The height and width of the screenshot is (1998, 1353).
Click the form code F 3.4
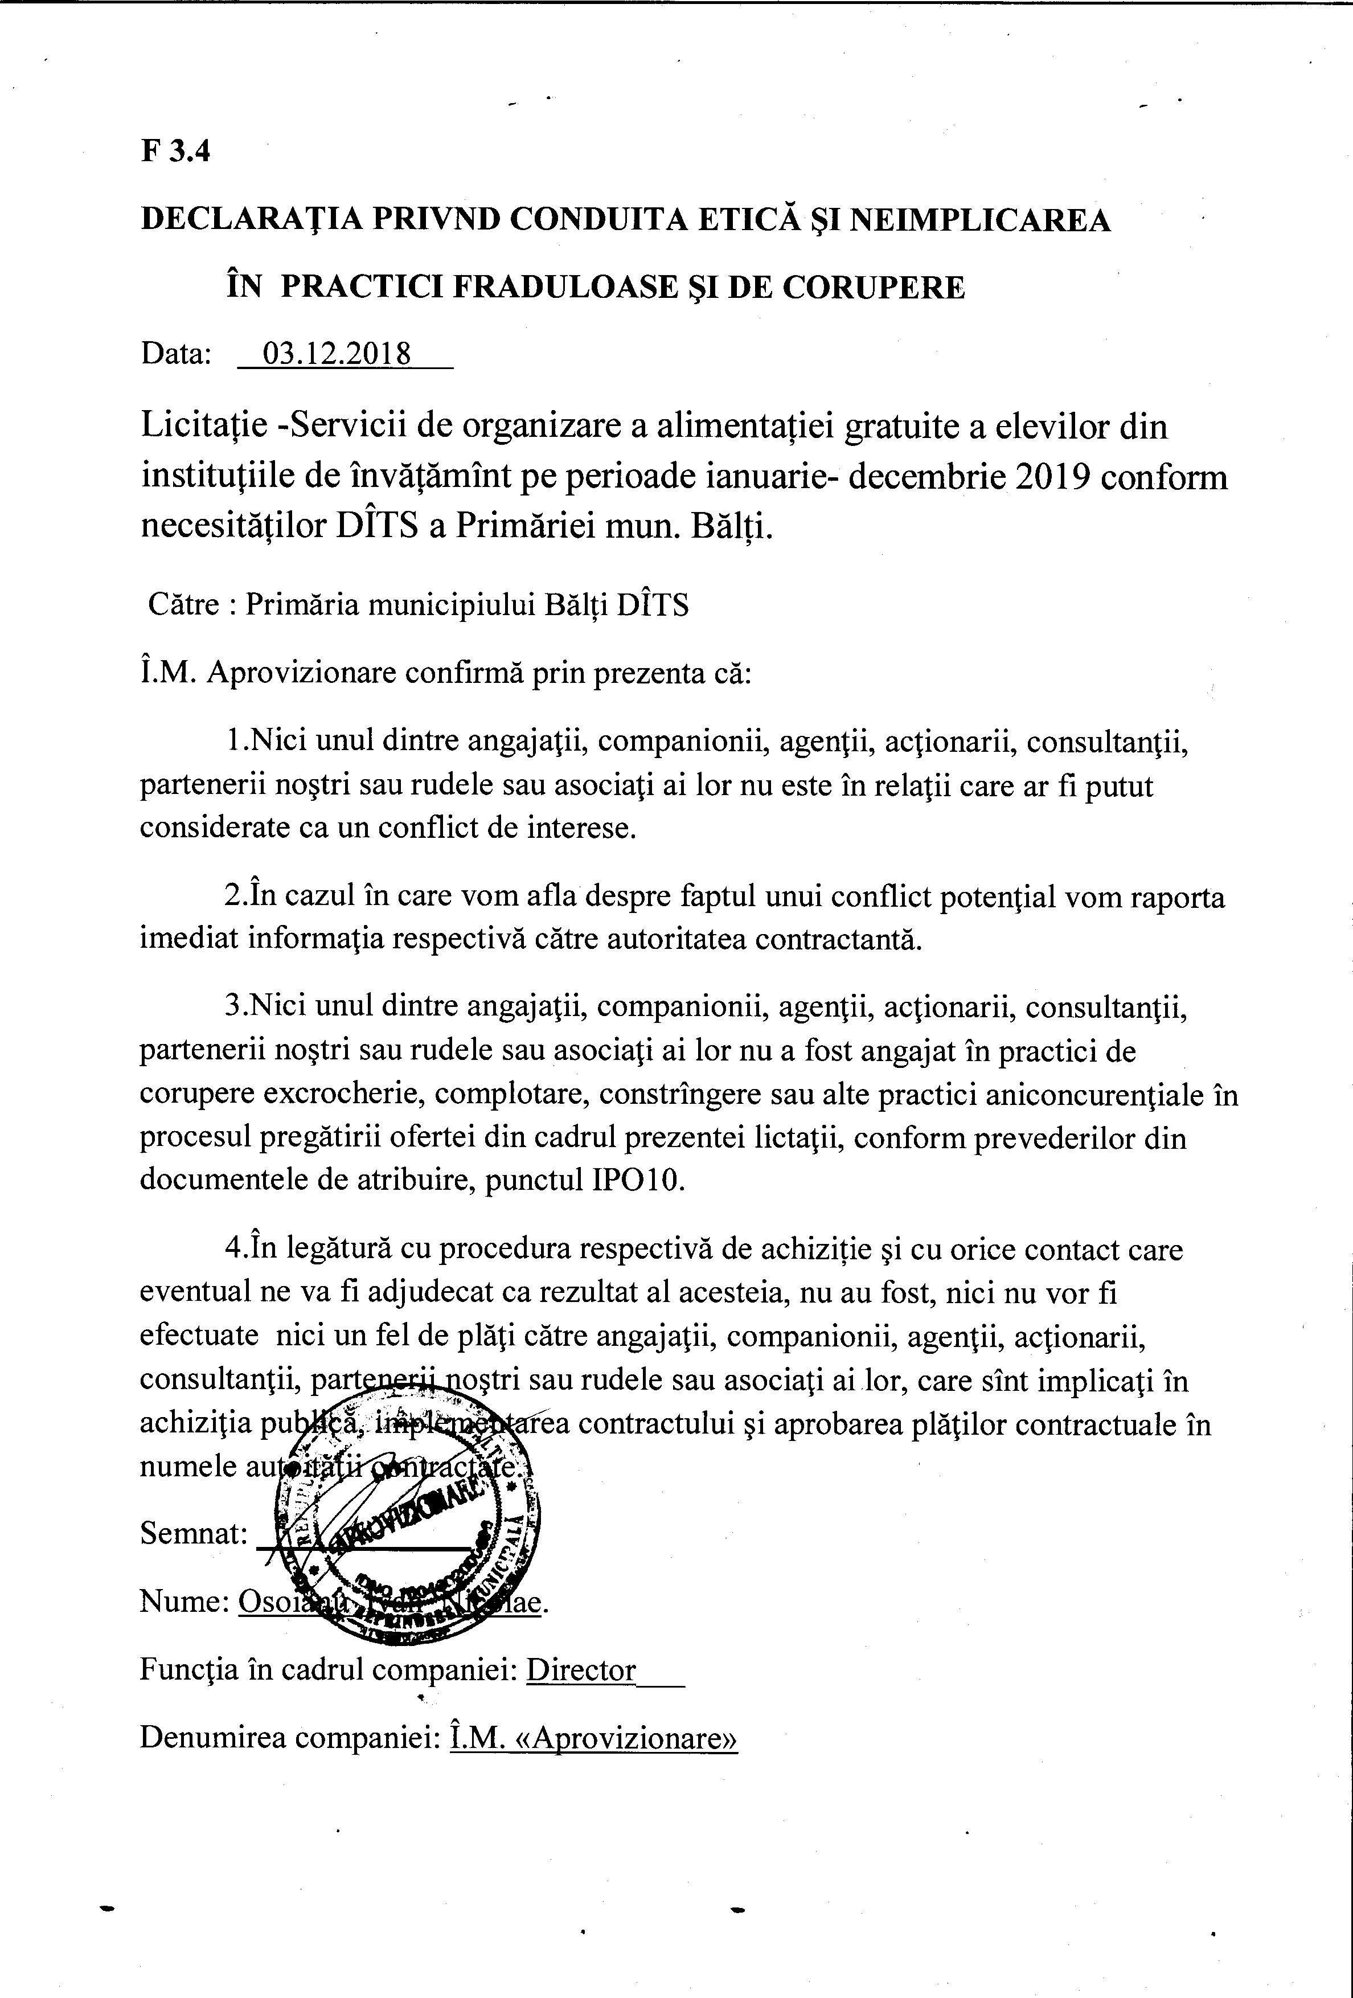coord(175,152)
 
